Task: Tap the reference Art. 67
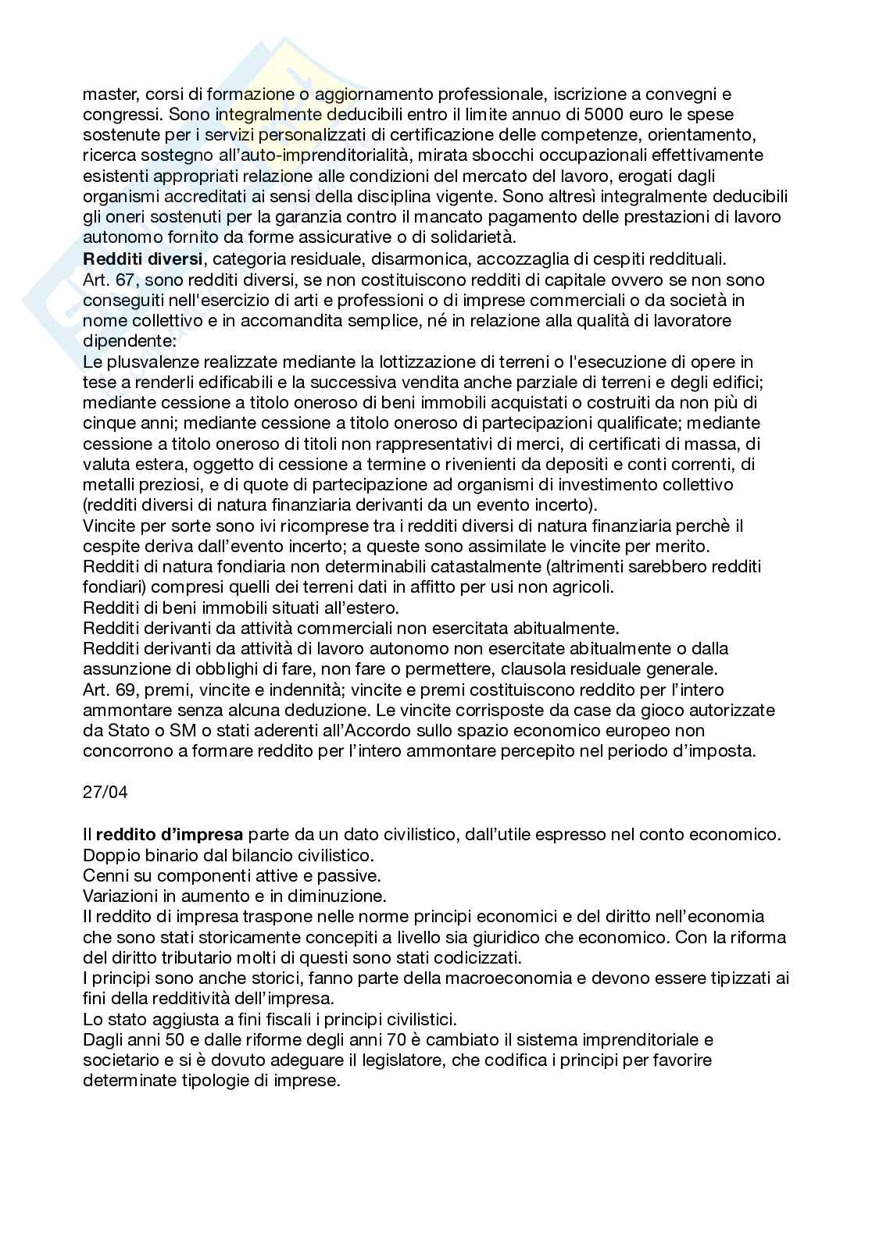pyautogui.click(x=109, y=280)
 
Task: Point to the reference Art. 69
pyautogui.click(x=109, y=690)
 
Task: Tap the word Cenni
pyautogui.click(x=104, y=875)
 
